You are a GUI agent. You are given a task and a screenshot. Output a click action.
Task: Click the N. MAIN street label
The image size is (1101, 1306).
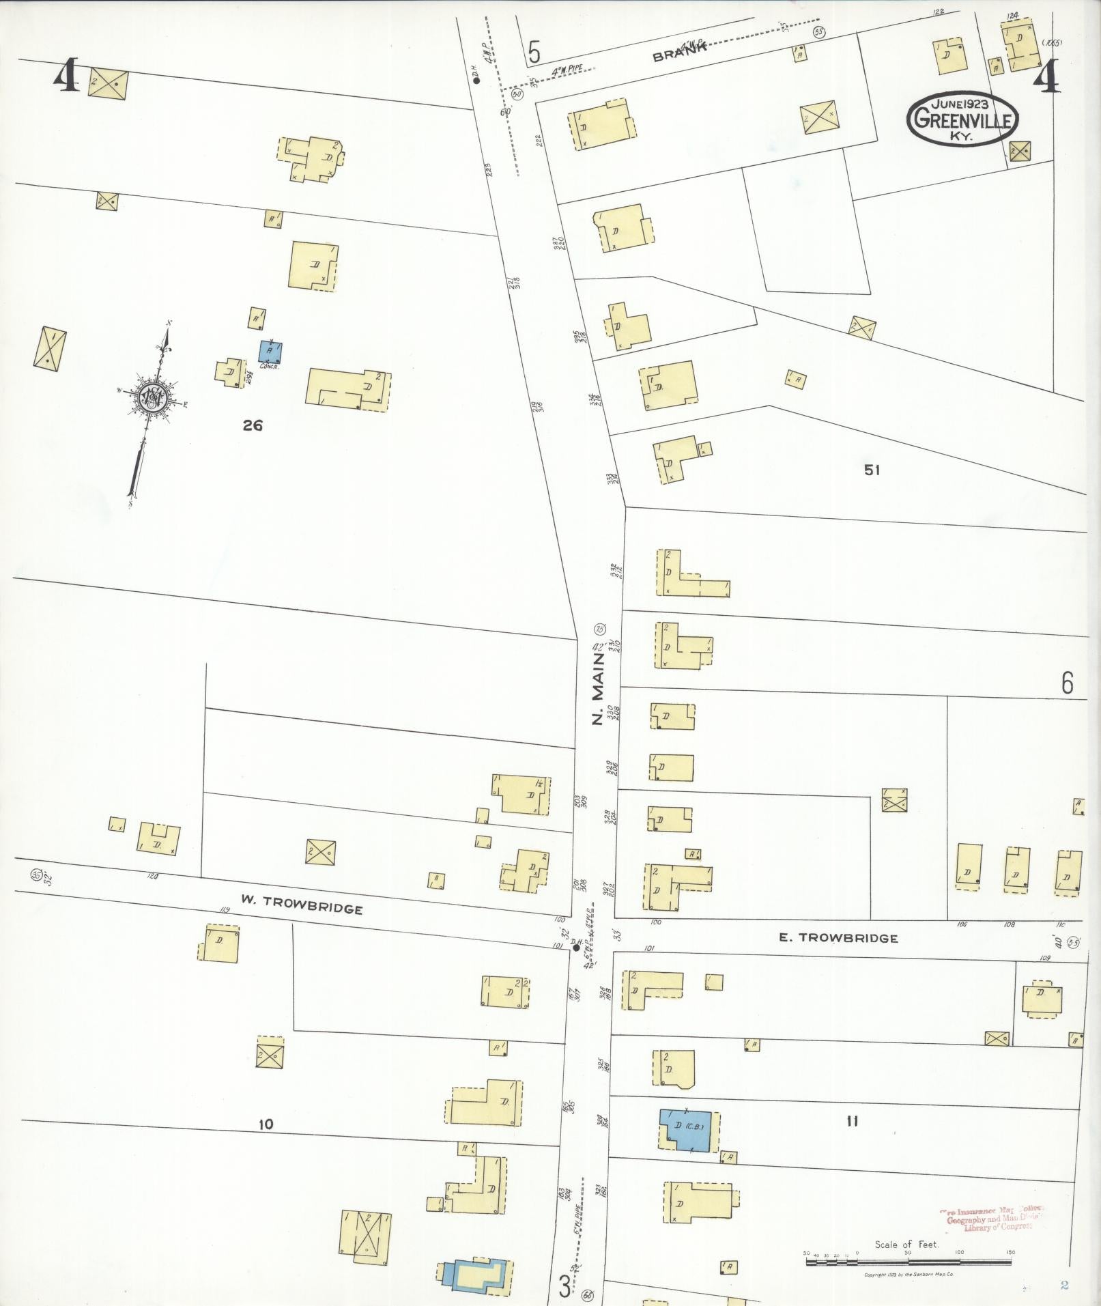tap(598, 689)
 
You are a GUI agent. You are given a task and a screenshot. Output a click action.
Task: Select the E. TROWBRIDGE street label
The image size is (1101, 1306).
tap(838, 938)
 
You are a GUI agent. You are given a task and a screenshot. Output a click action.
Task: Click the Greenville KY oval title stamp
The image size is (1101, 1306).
tap(962, 119)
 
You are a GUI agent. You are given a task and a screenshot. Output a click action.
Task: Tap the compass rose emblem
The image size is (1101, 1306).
tap(152, 399)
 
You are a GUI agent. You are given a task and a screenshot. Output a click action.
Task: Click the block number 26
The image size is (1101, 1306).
tap(253, 425)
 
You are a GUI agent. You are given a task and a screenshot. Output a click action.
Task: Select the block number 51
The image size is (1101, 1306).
tap(872, 470)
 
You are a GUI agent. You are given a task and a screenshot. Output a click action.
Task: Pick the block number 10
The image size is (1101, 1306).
tap(266, 1124)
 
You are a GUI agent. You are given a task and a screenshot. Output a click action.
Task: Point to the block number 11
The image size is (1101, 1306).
tap(851, 1120)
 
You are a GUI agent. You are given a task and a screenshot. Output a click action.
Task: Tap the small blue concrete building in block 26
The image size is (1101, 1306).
tap(271, 352)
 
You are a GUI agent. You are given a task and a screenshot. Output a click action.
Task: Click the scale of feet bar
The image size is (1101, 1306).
tap(908, 1262)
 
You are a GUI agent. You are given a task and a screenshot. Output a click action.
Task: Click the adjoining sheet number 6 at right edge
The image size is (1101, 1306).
tap(1067, 683)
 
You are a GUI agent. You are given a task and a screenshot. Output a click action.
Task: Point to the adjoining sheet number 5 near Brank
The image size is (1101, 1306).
tap(534, 52)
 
